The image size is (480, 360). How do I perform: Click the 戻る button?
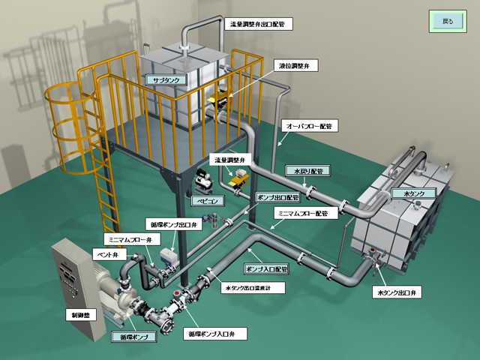(x=448, y=22)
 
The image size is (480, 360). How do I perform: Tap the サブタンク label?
(x=166, y=80)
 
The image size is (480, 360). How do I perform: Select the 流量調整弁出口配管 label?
(x=258, y=24)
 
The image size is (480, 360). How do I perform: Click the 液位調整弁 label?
(x=294, y=66)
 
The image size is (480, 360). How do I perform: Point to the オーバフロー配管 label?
(x=309, y=125)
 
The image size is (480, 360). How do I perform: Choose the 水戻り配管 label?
(x=308, y=171)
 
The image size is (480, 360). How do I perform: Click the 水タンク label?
(x=414, y=193)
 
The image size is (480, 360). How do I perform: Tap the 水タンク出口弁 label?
(x=397, y=292)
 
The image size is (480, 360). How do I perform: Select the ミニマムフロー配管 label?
(x=303, y=213)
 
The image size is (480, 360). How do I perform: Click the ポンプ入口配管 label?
(x=266, y=269)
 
